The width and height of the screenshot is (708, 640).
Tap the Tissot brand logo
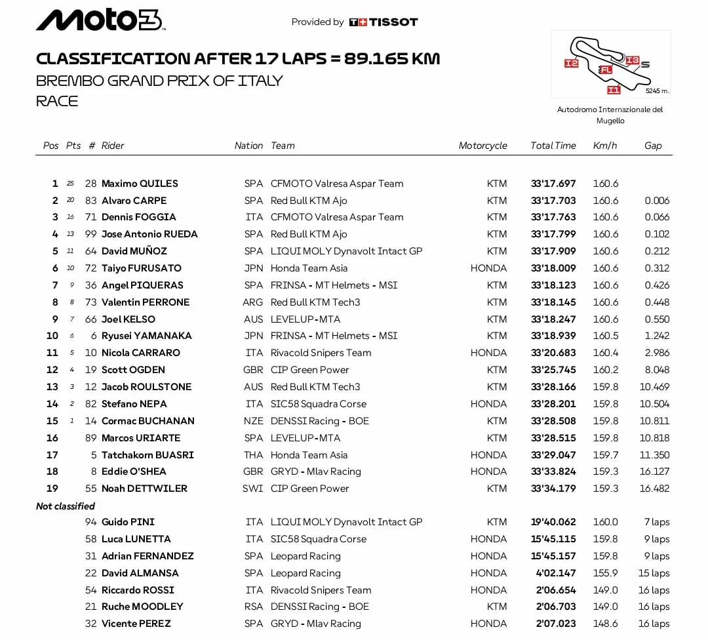tap(383, 22)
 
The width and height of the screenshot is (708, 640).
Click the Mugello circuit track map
tap(610, 64)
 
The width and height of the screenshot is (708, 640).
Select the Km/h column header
tap(605, 146)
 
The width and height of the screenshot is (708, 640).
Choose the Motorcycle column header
tap(482, 146)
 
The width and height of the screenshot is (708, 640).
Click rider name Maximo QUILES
tap(140, 184)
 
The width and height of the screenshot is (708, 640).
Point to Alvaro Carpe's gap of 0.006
tap(657, 201)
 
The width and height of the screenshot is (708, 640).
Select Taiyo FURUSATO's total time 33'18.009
tap(553, 268)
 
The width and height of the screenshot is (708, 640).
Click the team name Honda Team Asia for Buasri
tap(309, 455)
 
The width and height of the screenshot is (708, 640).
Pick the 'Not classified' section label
tap(66, 506)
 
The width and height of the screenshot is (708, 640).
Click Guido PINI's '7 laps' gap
tap(656, 522)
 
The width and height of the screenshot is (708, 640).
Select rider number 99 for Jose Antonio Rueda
tap(90, 234)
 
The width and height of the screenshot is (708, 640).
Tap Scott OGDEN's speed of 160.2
tap(605, 370)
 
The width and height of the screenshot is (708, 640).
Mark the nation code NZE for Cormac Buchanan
tap(253, 421)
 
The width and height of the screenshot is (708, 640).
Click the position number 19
tap(52, 489)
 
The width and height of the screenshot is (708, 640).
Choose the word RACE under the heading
tap(57, 101)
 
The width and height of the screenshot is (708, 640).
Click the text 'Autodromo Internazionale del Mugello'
tap(610, 115)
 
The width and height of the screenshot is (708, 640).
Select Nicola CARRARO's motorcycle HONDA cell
tap(488, 353)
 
